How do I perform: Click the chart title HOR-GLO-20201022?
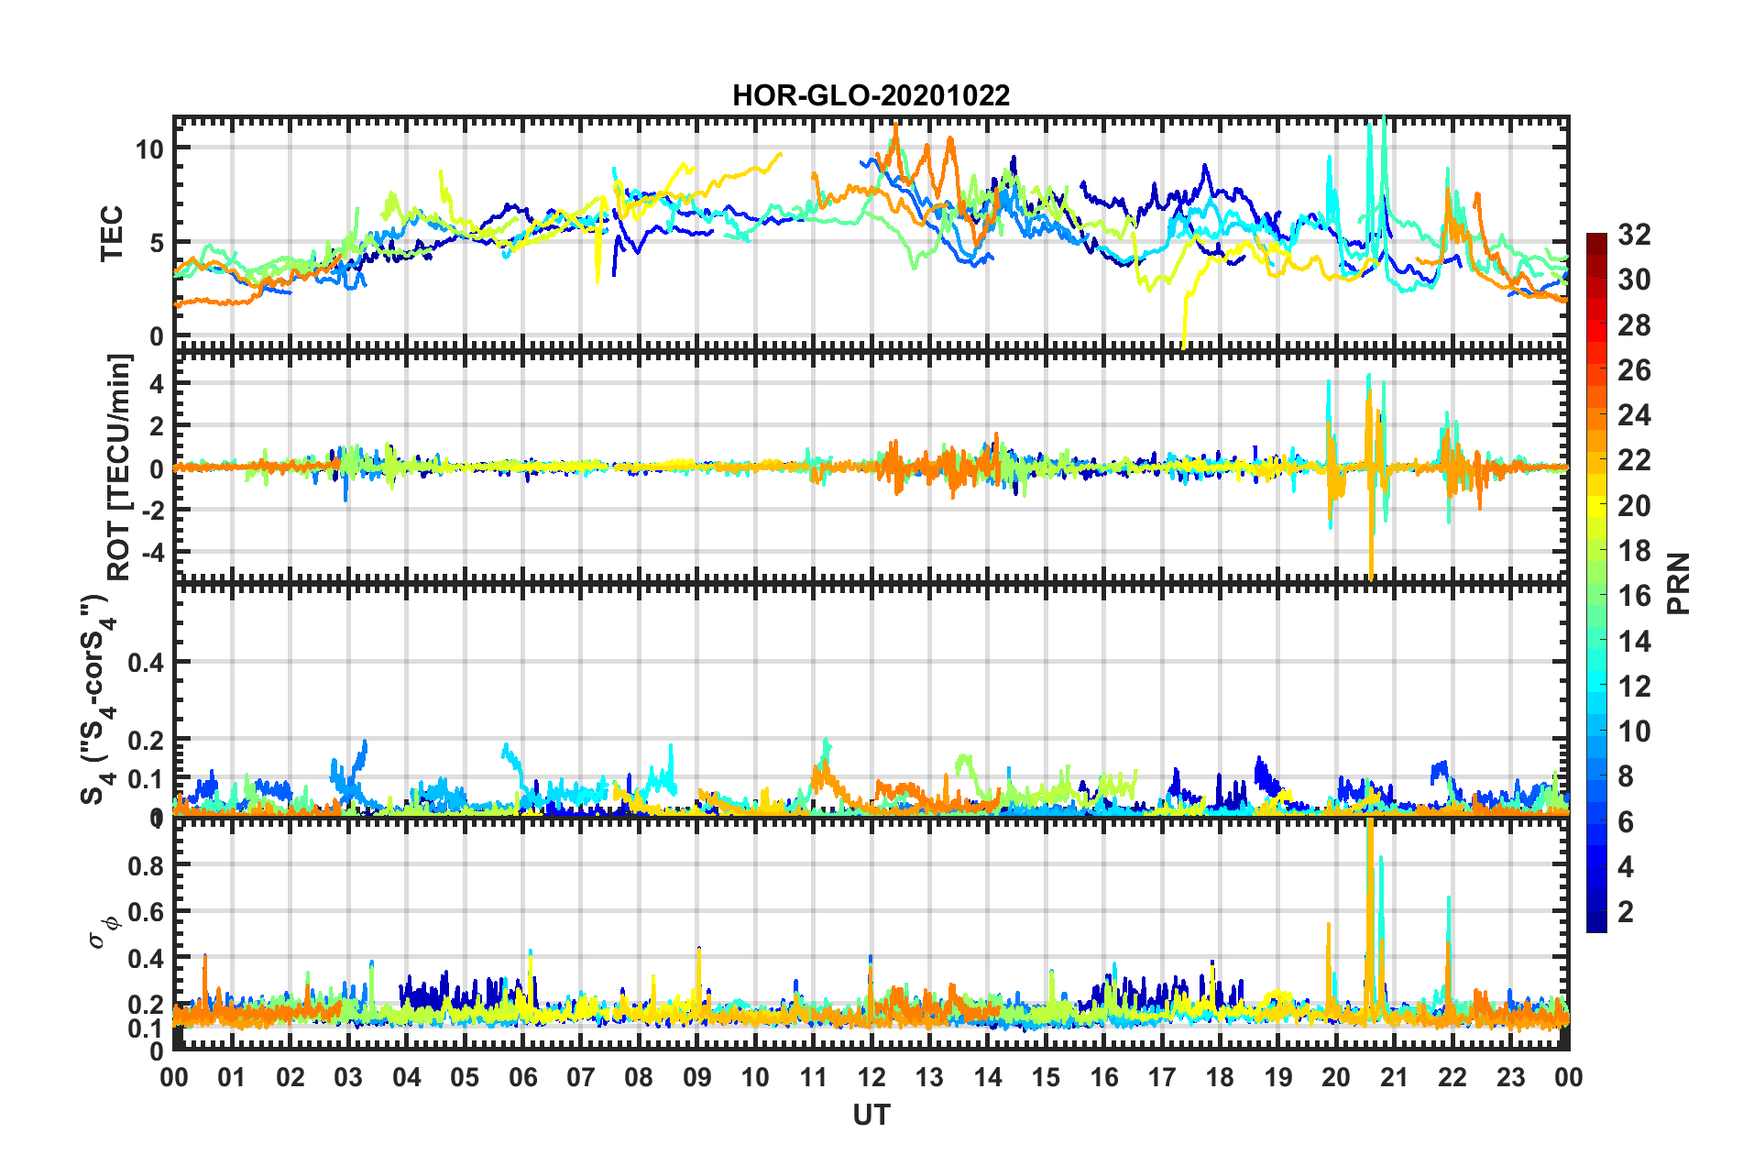[871, 95]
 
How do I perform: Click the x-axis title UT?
[871, 1115]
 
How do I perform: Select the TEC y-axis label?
[111, 234]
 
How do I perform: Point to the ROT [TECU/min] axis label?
[119, 467]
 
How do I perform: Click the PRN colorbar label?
[1679, 584]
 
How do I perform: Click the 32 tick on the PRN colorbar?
[1634, 235]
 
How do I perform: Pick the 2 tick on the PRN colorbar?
[1626, 911]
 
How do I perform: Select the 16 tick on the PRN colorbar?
[1634, 596]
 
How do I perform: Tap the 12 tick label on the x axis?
[871, 1077]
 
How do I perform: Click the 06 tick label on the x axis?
[522, 1077]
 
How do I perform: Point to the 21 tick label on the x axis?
[1394, 1077]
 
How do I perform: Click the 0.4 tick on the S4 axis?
[146, 662]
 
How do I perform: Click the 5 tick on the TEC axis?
[156, 243]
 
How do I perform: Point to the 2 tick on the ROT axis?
[157, 425]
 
